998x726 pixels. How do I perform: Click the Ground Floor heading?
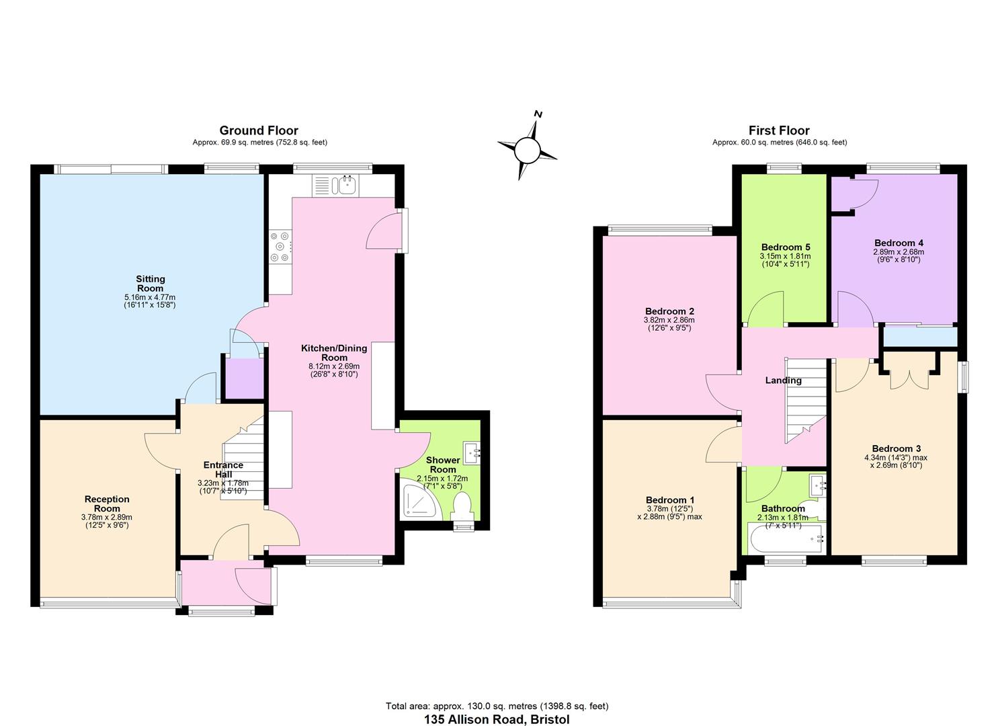pyautogui.click(x=259, y=130)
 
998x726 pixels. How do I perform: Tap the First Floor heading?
pyautogui.click(x=779, y=130)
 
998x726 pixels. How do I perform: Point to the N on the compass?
pyautogui.click(x=538, y=114)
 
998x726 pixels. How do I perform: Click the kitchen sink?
pyautogui.click(x=347, y=185)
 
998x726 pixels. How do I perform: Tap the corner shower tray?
pyautogui.click(x=419, y=499)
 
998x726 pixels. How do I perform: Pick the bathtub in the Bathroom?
pyautogui.click(x=786, y=539)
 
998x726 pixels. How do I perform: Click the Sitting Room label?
pyautogui.click(x=150, y=284)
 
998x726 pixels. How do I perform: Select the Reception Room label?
pyautogui.click(x=107, y=503)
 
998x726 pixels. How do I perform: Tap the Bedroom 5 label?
pyautogui.click(x=786, y=247)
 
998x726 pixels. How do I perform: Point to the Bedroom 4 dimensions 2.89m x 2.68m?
pyautogui.click(x=899, y=252)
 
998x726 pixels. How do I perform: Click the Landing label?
pyautogui.click(x=783, y=380)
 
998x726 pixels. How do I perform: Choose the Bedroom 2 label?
pyautogui.click(x=669, y=311)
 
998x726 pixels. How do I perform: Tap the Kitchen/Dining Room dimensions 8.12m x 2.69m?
pyautogui.click(x=334, y=366)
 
